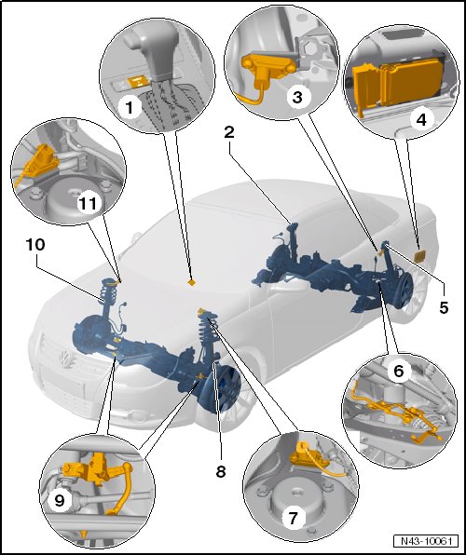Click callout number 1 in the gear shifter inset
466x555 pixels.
130,107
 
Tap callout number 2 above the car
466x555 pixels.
229,132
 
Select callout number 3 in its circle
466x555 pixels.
297,97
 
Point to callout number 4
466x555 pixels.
421,120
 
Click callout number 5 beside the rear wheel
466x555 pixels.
444,307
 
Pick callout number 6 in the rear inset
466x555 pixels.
398,371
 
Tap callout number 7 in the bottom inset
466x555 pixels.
293,519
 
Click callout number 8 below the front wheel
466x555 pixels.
221,471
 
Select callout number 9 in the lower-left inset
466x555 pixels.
60,500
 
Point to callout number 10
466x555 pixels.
35,244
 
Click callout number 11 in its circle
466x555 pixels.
88,204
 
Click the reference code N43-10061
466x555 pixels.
426,541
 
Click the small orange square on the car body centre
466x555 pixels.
192,282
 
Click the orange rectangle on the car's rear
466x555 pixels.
420,256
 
